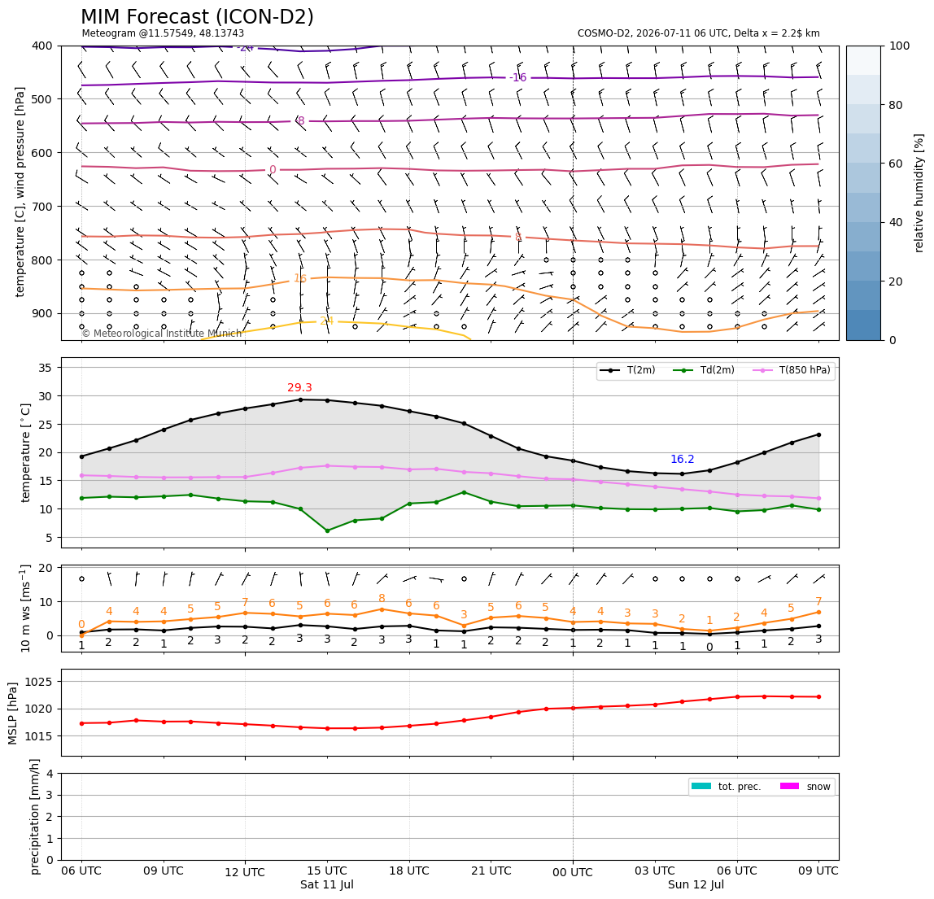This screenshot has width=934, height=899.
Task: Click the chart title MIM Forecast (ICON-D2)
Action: tap(197, 17)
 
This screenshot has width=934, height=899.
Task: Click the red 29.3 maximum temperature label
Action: tap(299, 388)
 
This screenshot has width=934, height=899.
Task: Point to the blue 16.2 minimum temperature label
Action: tap(682, 460)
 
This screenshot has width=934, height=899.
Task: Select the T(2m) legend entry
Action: tap(627, 370)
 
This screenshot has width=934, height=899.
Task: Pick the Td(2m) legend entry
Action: tap(704, 370)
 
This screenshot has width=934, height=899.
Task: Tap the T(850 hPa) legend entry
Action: tap(792, 370)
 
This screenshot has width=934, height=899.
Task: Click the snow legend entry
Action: tap(805, 787)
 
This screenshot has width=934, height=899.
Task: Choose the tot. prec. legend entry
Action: tap(726, 787)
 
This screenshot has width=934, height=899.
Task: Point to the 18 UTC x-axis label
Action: tap(408, 871)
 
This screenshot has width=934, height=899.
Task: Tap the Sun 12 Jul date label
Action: tap(696, 884)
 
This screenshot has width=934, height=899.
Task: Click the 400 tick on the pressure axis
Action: tap(43, 46)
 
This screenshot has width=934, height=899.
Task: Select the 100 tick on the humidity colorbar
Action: tap(900, 46)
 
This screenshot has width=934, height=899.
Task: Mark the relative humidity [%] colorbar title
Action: tap(919, 193)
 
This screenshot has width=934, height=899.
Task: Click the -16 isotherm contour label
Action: tap(518, 77)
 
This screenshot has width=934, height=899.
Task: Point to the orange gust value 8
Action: tap(382, 598)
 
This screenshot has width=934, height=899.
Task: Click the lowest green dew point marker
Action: tap(327, 530)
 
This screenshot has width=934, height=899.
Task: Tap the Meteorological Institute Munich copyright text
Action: tap(161, 333)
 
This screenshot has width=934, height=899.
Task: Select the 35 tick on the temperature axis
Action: tap(46, 368)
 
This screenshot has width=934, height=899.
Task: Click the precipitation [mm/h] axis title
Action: tap(34, 817)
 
